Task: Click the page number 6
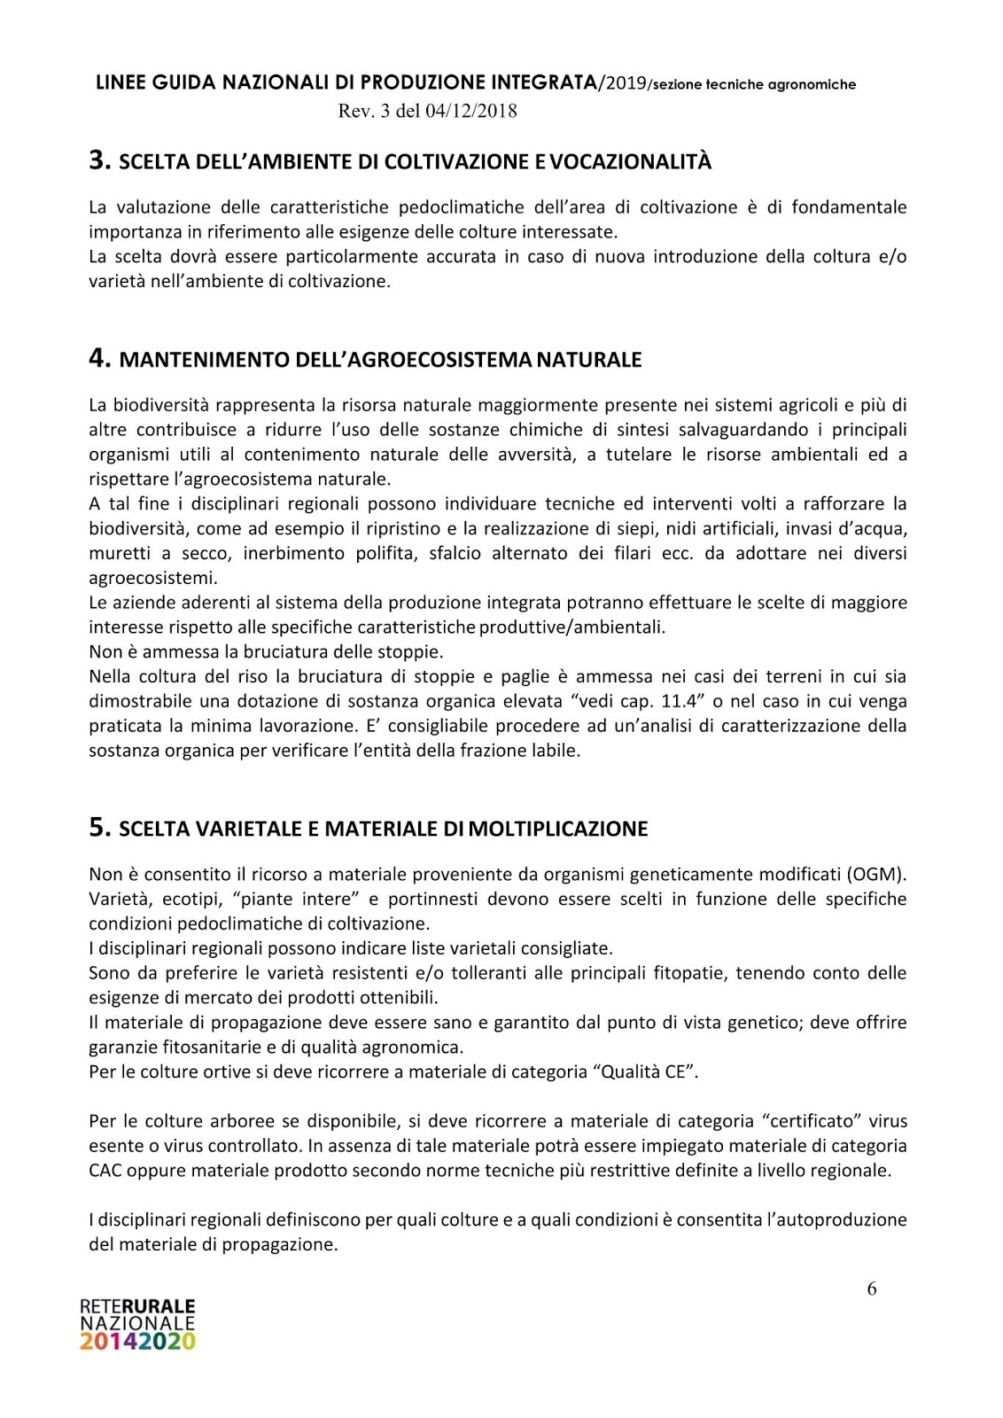tap(872, 1289)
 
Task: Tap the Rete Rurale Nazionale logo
tap(137, 1324)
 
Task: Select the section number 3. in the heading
tap(99, 160)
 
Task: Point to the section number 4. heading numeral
tap(99, 358)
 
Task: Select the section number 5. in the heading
tap(99, 828)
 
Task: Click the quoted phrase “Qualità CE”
tap(644, 1071)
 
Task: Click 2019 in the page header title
tap(624, 83)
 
